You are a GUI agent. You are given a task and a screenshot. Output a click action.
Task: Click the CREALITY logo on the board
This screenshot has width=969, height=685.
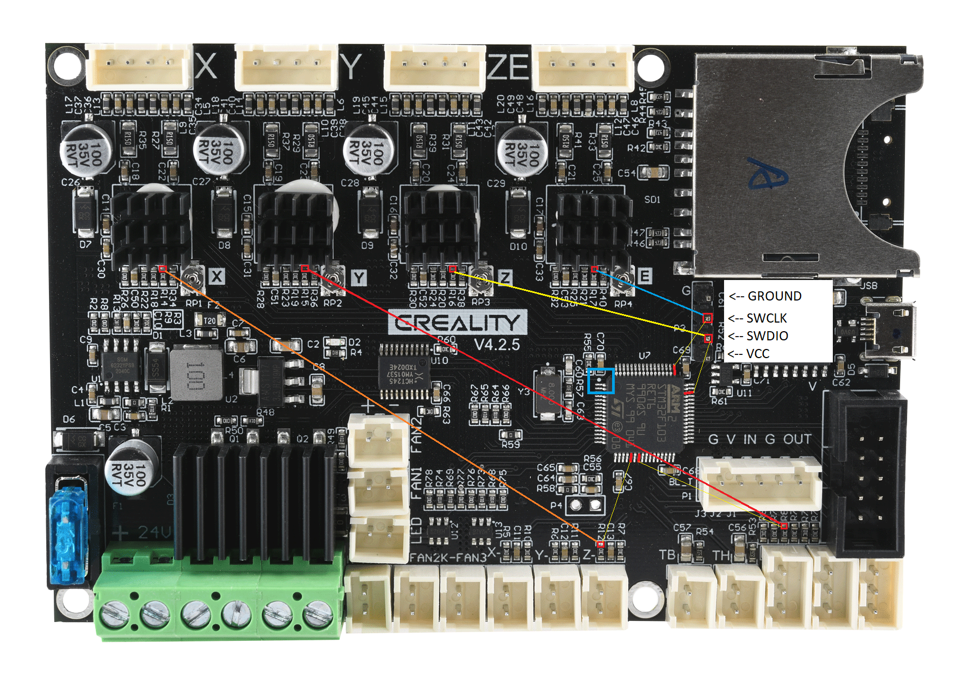point(457,323)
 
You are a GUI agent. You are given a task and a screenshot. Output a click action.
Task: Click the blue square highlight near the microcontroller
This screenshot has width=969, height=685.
point(601,381)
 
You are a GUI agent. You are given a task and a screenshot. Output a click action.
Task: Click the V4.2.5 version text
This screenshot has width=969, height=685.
point(496,345)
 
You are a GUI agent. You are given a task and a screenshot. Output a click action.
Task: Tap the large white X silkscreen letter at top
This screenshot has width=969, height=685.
point(206,67)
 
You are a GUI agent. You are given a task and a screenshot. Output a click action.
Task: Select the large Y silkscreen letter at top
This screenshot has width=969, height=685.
point(352,67)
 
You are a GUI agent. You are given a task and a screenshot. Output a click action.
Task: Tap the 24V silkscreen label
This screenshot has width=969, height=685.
point(153,533)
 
